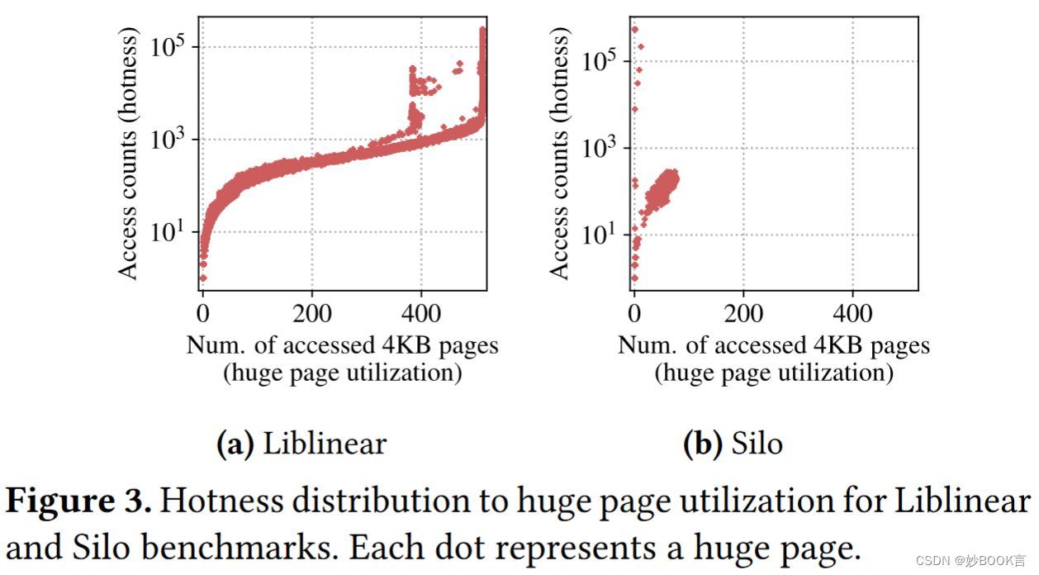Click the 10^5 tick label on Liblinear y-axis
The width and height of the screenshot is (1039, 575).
[x=170, y=48]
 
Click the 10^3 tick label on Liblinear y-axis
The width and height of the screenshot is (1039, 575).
[x=170, y=140]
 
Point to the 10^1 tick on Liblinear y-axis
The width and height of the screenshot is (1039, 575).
[x=170, y=233]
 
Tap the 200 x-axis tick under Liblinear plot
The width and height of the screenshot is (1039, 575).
[x=311, y=314]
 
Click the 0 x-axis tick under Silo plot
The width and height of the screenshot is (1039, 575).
[x=634, y=314]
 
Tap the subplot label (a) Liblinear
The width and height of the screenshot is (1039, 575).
[x=301, y=444]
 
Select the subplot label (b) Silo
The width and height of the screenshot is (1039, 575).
[x=733, y=444]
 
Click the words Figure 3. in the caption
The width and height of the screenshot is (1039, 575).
[x=79, y=501]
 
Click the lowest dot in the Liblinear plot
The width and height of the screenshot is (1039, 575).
[x=203, y=278]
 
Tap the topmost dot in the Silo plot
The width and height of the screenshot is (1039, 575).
[x=634, y=30]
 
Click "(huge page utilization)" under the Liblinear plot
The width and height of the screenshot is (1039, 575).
[x=342, y=373]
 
